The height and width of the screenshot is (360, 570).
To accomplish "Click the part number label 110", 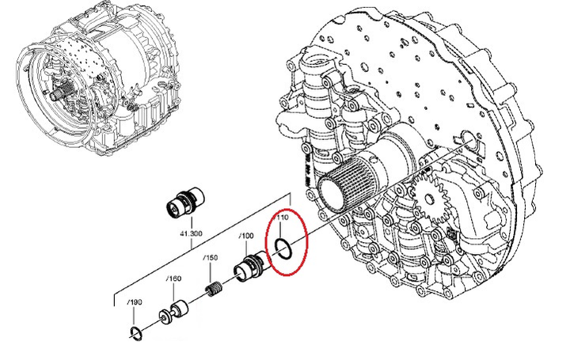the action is click(x=283, y=218).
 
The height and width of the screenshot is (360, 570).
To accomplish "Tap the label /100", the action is click(x=246, y=236).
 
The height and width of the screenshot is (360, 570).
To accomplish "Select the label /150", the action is click(x=211, y=258).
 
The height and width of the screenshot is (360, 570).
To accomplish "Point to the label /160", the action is click(x=173, y=279).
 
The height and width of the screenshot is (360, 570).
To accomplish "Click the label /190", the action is click(x=135, y=302).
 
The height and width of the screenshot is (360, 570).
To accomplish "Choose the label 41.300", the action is click(x=191, y=233).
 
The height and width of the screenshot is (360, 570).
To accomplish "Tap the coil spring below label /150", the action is click(x=214, y=289).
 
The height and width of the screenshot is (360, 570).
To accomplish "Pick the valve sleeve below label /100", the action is click(x=250, y=267).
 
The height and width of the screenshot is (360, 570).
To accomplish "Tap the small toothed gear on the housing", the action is click(x=430, y=199).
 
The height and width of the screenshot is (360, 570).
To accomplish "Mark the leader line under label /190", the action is click(x=135, y=316).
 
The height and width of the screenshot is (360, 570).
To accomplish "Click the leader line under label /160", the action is click(x=173, y=292).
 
